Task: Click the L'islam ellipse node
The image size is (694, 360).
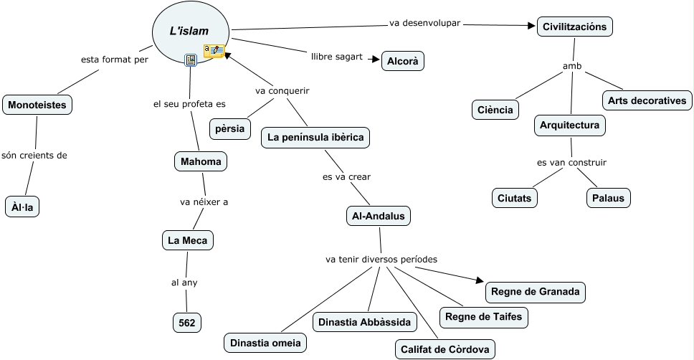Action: [x=190, y=32]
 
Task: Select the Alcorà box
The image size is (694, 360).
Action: [x=402, y=62]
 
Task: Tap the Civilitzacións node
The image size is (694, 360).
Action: [x=574, y=27]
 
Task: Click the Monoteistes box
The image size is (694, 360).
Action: [x=37, y=105]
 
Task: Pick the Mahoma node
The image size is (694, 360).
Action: [x=200, y=161]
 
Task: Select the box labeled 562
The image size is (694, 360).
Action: [x=187, y=323]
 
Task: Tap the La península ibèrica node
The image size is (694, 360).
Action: [x=315, y=137]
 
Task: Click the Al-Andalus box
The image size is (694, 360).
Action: [x=379, y=215]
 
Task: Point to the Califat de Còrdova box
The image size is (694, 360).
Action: [x=445, y=349]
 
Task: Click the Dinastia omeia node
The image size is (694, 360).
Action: [x=265, y=343]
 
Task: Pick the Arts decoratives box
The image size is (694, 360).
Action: [x=647, y=100]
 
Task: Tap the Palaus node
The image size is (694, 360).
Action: [x=608, y=198]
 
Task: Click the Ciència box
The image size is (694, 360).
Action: [x=495, y=110]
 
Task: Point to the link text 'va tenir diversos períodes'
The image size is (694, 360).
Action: [x=381, y=259]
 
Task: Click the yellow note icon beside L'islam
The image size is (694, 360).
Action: [x=214, y=50]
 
